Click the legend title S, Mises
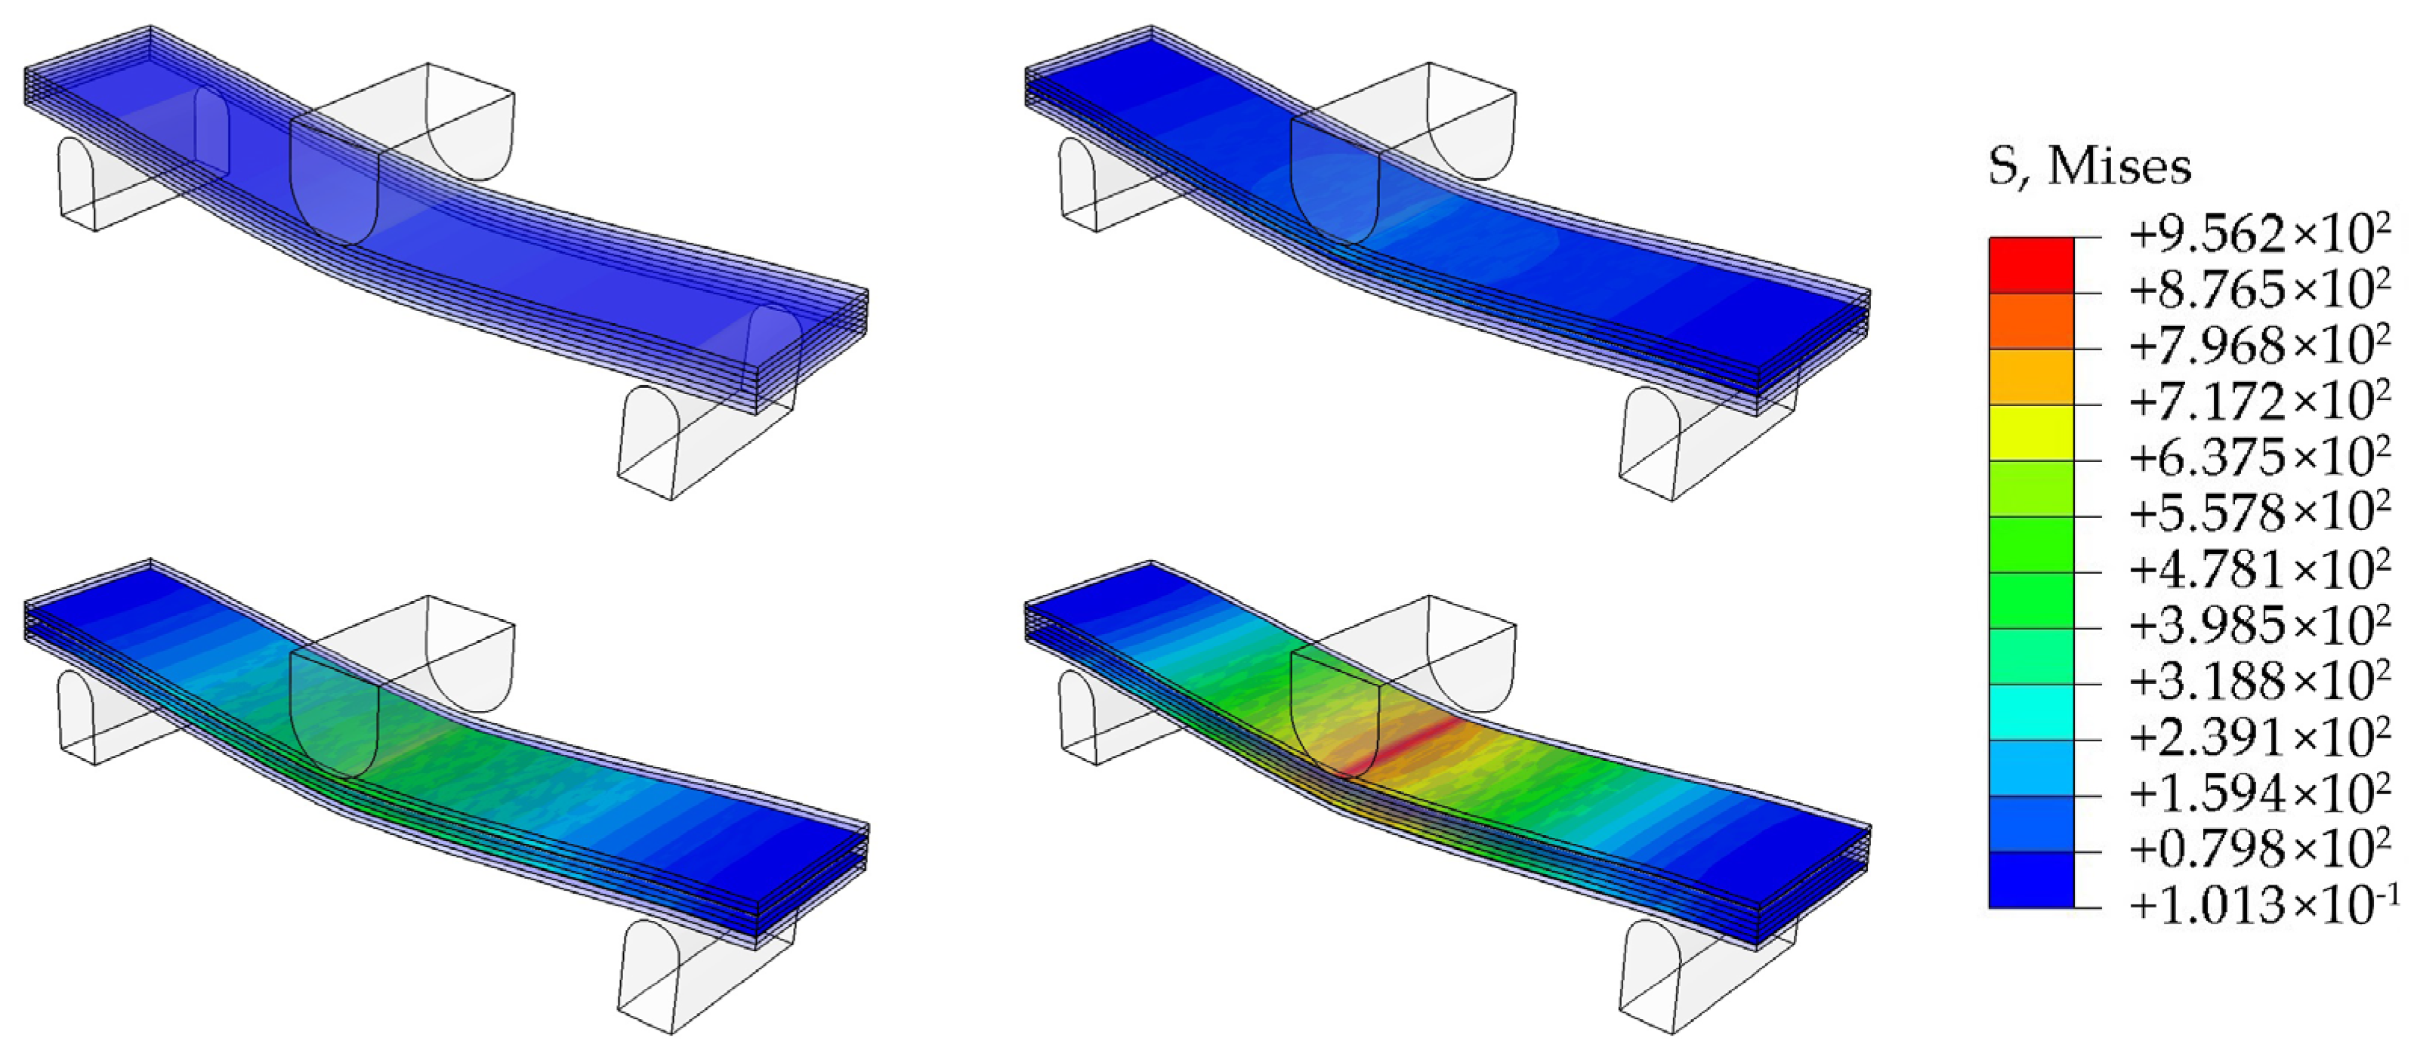(x=2090, y=168)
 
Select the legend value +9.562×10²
(x=2259, y=234)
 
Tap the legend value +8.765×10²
(x=2259, y=291)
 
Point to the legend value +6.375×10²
(x=2259, y=458)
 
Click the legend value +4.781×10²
(x=2259, y=569)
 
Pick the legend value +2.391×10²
(x=2259, y=737)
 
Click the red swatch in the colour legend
(x=2031, y=265)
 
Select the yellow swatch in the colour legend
(x=2031, y=433)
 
